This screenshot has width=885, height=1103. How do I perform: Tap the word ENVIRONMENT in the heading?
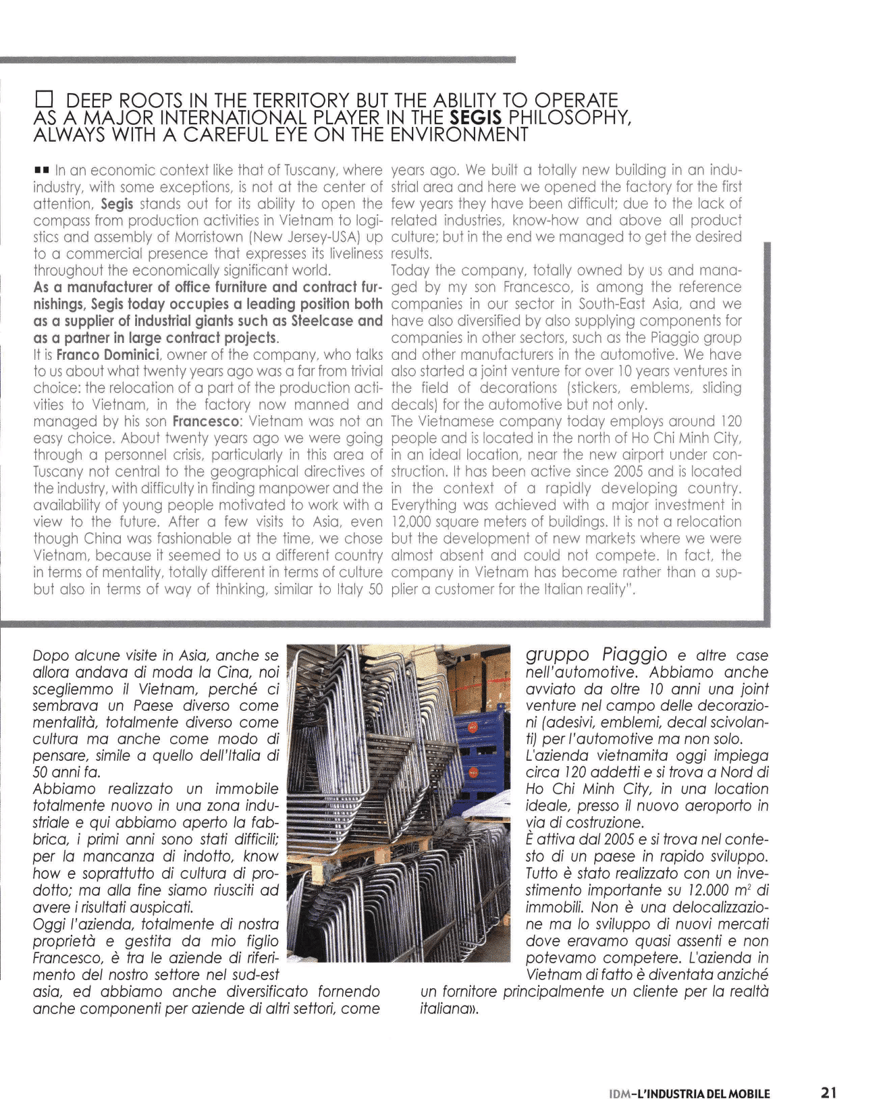[460, 134]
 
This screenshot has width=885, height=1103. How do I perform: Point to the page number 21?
[829, 1092]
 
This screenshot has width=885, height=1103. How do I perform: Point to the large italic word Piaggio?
[635, 654]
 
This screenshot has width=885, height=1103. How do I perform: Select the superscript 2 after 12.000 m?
[751, 887]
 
